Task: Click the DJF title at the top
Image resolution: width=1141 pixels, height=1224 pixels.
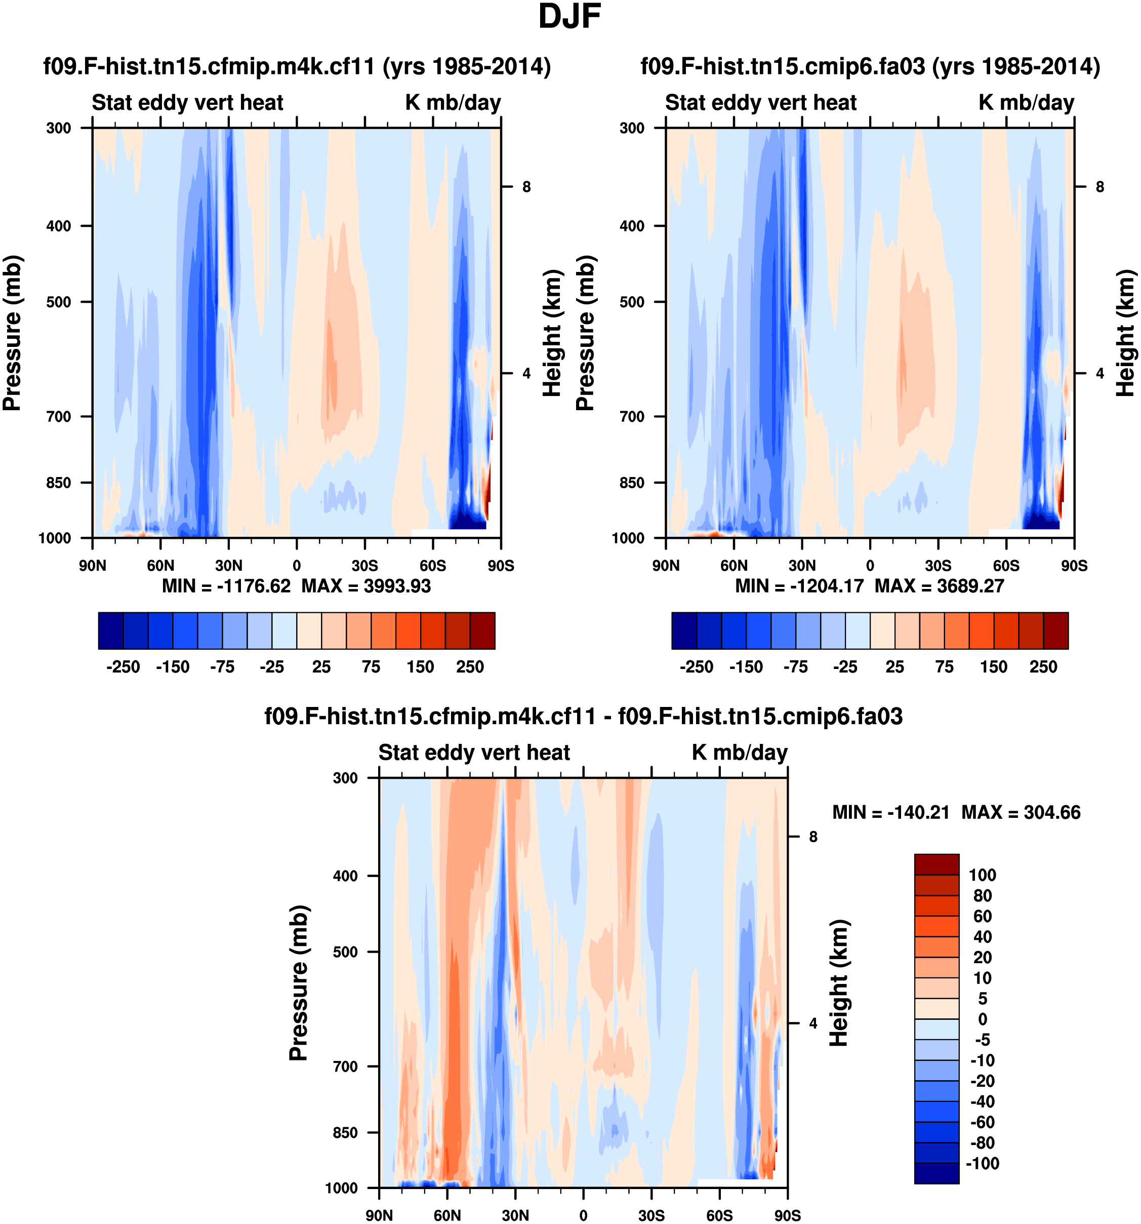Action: coord(569,17)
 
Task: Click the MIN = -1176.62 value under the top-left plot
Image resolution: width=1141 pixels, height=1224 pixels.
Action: coord(226,585)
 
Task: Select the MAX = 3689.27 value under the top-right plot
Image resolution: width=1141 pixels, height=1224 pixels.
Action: coord(939,585)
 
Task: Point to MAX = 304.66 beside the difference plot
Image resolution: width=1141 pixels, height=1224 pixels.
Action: coord(1021,812)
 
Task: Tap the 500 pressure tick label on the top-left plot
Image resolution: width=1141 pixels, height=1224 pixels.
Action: coord(59,302)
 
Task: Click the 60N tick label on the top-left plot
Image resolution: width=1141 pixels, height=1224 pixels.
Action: coord(160,565)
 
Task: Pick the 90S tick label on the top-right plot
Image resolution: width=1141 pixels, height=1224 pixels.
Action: coord(1074,565)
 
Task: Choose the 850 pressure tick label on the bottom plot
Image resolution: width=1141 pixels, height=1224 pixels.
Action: coord(345,1132)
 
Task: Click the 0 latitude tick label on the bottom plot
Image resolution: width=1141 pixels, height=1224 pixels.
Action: coord(584,1215)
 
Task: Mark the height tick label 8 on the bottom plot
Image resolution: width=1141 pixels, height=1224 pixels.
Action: coord(813,837)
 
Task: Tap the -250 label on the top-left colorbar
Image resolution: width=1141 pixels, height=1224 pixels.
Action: coord(123,667)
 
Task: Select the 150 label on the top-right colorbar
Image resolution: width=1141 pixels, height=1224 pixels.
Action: coord(993,667)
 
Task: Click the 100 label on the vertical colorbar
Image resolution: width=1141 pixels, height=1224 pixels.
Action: coord(982,875)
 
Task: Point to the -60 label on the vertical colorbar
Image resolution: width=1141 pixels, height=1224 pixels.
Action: coord(982,1122)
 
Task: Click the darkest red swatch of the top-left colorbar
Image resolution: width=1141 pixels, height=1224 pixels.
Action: coord(482,630)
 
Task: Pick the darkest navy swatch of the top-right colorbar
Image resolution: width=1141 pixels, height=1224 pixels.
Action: coord(684,630)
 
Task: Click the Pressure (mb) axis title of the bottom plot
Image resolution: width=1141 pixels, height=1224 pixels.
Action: coord(299,982)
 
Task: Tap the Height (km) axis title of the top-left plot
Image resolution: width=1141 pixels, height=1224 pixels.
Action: coord(553,333)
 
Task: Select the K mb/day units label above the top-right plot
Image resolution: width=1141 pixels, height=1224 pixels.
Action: coord(1026,102)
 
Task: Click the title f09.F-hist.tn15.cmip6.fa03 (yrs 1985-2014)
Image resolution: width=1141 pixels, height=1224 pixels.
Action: coord(870,66)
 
